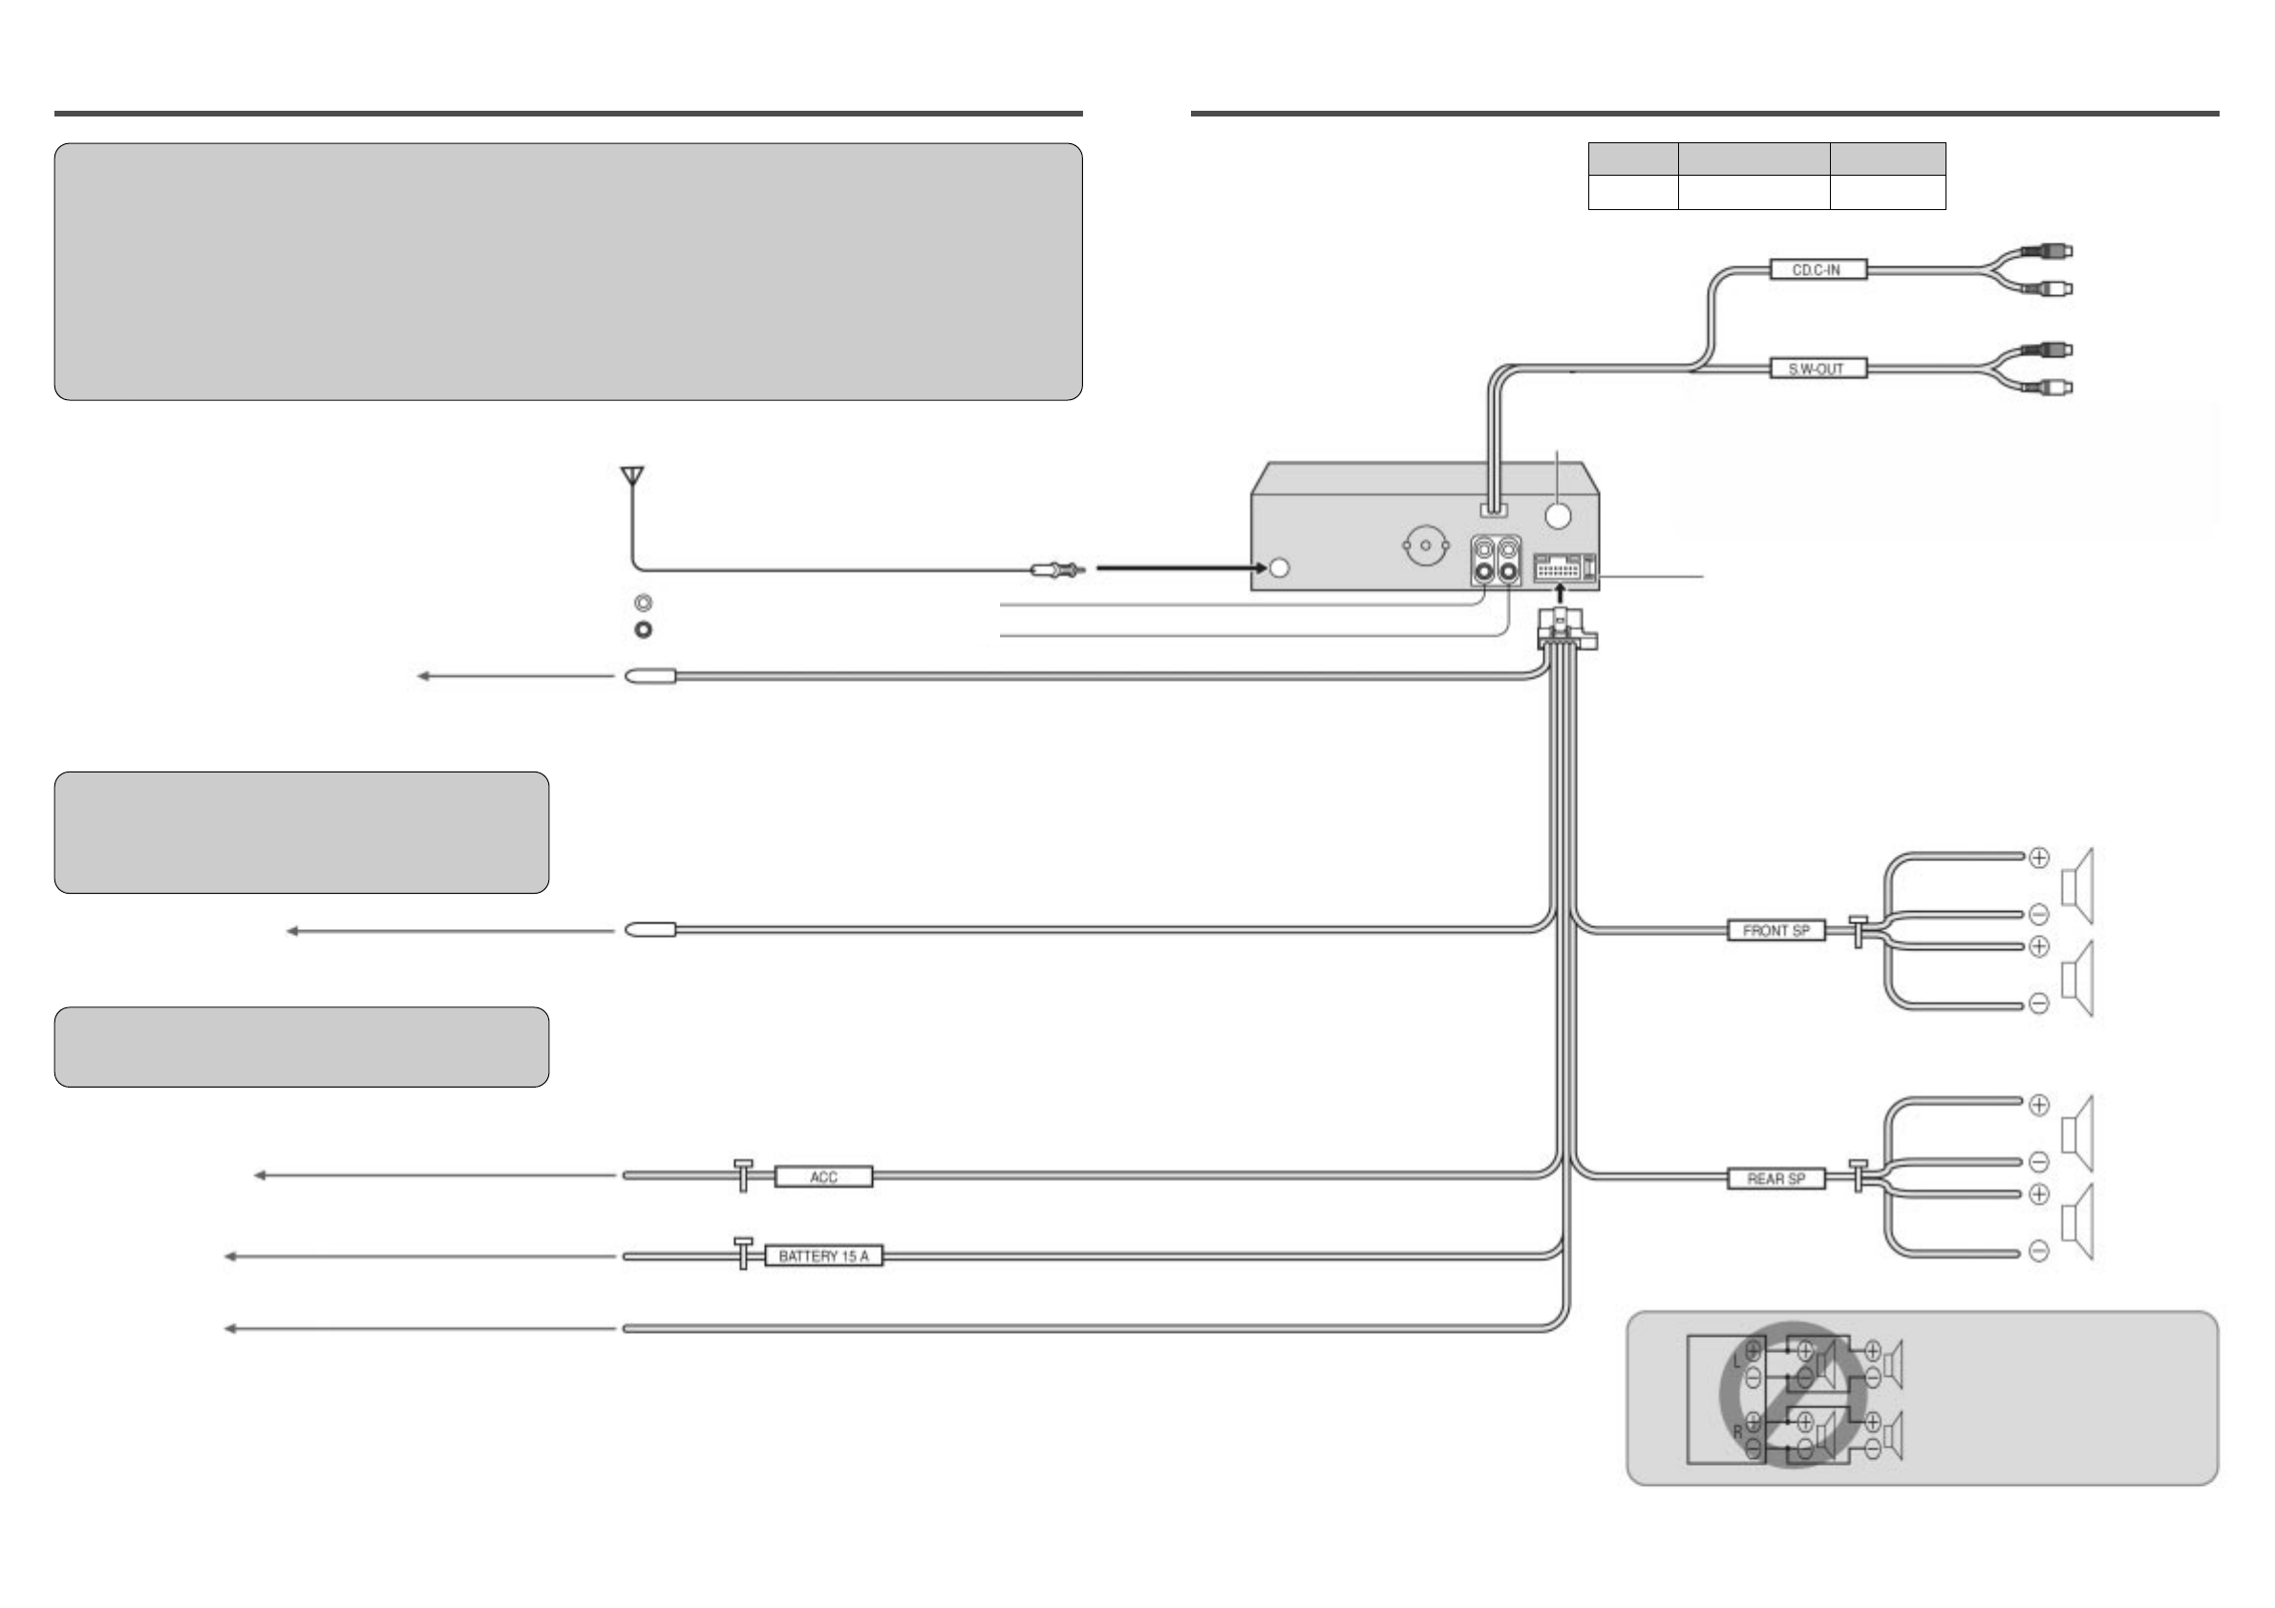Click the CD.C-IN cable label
tap(1818, 269)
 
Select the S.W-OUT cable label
tap(1818, 369)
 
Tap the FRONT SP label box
tap(1775, 930)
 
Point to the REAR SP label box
tap(1775, 1179)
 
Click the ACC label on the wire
tap(823, 1177)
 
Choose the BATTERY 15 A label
tap(823, 1257)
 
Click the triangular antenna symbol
tap(632, 476)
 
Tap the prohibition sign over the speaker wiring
tap(1793, 1394)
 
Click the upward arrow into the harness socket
tap(1562, 592)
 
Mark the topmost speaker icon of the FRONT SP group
tap(2077, 886)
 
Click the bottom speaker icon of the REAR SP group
tap(2077, 1222)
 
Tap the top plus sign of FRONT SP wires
tap(2038, 858)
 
